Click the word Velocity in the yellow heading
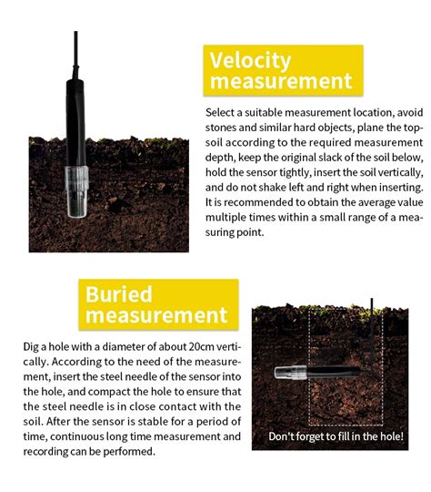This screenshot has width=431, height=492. coord(250,61)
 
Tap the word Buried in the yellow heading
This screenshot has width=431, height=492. coord(118,294)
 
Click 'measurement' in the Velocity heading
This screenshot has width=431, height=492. coord(281,81)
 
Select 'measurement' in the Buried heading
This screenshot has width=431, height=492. coord(156,315)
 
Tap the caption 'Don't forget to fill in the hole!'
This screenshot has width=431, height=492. coord(336,436)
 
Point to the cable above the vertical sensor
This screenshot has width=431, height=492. coord(74,55)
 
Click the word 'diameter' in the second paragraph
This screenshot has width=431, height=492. coord(117,346)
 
